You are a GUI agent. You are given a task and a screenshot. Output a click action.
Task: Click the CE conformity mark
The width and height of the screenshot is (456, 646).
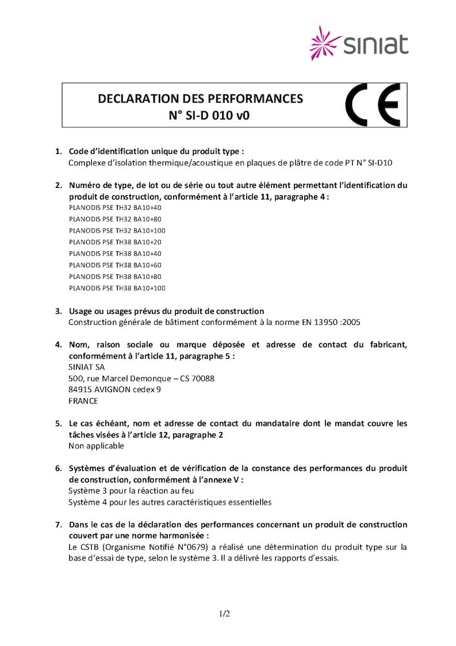pyautogui.click(x=373, y=105)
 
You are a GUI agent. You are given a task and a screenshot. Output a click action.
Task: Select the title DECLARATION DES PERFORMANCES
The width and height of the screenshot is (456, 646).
pyautogui.click(x=200, y=99)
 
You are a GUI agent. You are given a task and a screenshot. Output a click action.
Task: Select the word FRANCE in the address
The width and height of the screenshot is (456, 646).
pyautogui.click(x=83, y=401)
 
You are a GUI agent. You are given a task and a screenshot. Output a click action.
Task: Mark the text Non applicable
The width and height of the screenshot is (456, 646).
pyautogui.click(x=96, y=446)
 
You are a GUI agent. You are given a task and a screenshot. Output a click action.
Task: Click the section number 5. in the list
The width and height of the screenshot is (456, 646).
pyautogui.click(x=58, y=424)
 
